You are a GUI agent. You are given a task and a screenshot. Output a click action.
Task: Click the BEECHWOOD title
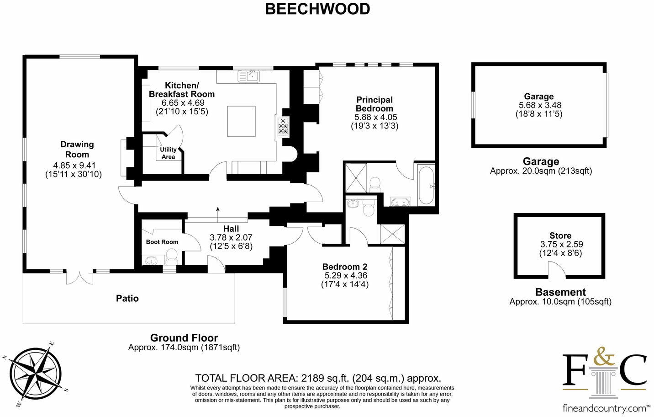point(317,9)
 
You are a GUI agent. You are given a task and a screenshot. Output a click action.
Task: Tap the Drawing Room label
point(77,150)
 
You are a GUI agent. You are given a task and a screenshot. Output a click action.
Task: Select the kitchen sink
point(249,76)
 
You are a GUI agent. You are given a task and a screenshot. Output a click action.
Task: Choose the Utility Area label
point(168,153)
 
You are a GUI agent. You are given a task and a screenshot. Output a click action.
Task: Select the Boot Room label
point(162,242)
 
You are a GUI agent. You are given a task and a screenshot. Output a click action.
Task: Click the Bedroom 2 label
point(345,267)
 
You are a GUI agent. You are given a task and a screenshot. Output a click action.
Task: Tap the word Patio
point(127,298)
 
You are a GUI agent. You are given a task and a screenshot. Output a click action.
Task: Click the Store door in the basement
point(556,270)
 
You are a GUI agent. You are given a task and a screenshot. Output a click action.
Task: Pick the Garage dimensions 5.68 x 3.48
point(538,105)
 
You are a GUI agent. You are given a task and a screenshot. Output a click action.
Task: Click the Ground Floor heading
point(184,338)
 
